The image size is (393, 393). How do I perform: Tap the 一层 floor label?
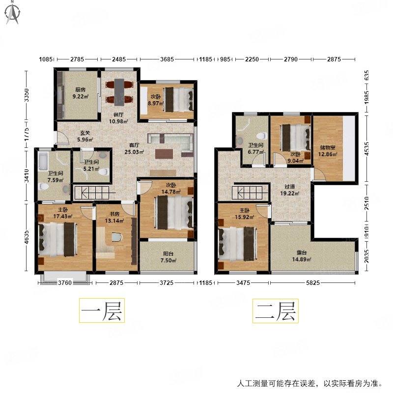[102, 310]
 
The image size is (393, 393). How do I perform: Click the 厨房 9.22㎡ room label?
[81, 93]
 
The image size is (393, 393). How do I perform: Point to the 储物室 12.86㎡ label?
[327, 150]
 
